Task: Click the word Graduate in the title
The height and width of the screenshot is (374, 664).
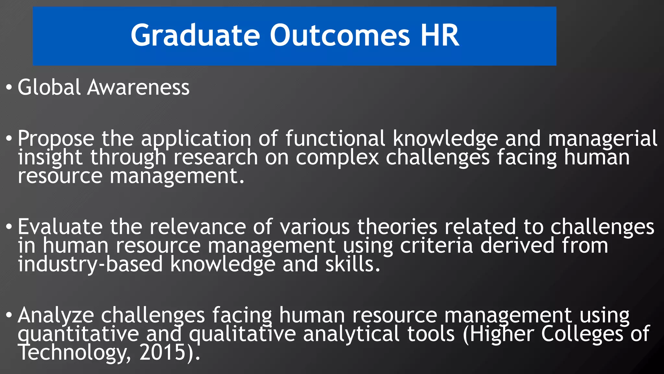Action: (x=195, y=36)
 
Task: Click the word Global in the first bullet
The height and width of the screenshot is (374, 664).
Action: (x=49, y=87)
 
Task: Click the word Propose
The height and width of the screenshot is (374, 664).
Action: (x=56, y=139)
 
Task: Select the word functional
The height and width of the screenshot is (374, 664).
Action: (x=335, y=139)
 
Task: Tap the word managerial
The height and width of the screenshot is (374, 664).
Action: (x=602, y=139)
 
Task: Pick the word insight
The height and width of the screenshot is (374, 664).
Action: (x=50, y=157)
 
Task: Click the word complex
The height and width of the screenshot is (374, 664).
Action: (x=337, y=158)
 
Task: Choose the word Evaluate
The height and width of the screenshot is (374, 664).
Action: (x=60, y=227)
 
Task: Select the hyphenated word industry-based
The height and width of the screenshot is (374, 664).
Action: (x=90, y=264)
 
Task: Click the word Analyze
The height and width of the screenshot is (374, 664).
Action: (x=56, y=316)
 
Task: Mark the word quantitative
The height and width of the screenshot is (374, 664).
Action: (x=78, y=334)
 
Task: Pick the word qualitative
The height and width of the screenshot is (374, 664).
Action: (x=243, y=334)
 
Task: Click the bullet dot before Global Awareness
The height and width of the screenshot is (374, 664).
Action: (x=9, y=87)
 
